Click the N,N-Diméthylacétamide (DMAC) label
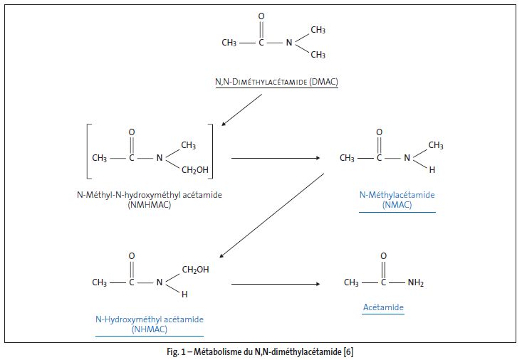276,82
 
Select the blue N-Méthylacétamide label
397,194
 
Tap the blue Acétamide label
383,307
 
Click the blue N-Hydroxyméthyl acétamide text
150,319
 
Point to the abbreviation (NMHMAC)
150,205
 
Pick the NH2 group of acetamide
416,283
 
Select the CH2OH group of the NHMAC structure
196,270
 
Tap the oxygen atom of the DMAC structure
261,16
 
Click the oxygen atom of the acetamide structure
384,255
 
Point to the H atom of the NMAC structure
432,171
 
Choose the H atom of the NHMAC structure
184,295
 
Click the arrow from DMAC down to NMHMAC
242,110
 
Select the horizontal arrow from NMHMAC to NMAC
276,158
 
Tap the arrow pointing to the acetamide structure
276,284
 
